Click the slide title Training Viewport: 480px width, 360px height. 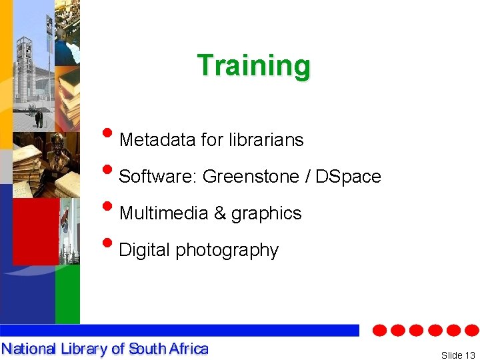point(253,66)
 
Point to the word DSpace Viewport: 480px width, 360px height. point(348,177)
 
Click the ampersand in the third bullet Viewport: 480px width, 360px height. point(219,213)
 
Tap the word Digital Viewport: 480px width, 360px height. point(144,250)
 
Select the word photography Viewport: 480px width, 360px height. point(227,251)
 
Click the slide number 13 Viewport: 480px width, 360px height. point(471,355)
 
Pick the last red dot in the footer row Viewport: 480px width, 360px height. point(471,331)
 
